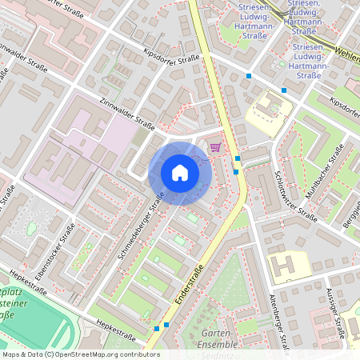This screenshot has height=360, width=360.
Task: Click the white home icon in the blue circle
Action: point(180,173)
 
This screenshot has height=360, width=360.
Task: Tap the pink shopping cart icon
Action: point(215,146)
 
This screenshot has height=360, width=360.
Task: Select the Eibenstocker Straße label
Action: point(54,251)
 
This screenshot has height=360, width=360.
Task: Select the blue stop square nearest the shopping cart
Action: point(237,159)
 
